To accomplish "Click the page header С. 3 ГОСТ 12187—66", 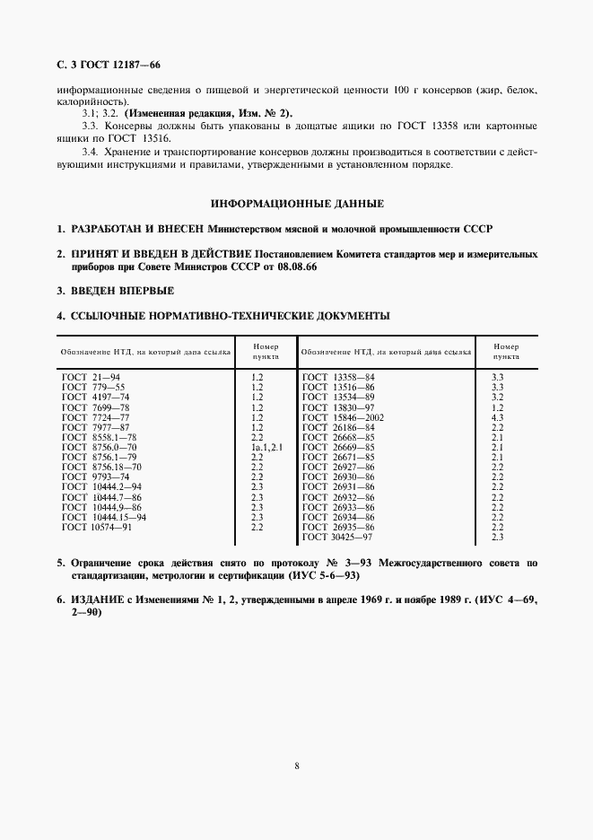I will click(108, 65).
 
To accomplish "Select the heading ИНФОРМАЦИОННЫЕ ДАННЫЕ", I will click(297, 204).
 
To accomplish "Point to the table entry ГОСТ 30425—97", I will click(338, 537).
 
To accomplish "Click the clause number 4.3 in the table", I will click(498, 418).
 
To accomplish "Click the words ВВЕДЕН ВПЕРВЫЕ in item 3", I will click(123, 292).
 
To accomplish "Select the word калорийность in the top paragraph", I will click(88, 102).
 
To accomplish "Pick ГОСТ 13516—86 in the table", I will click(338, 389).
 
